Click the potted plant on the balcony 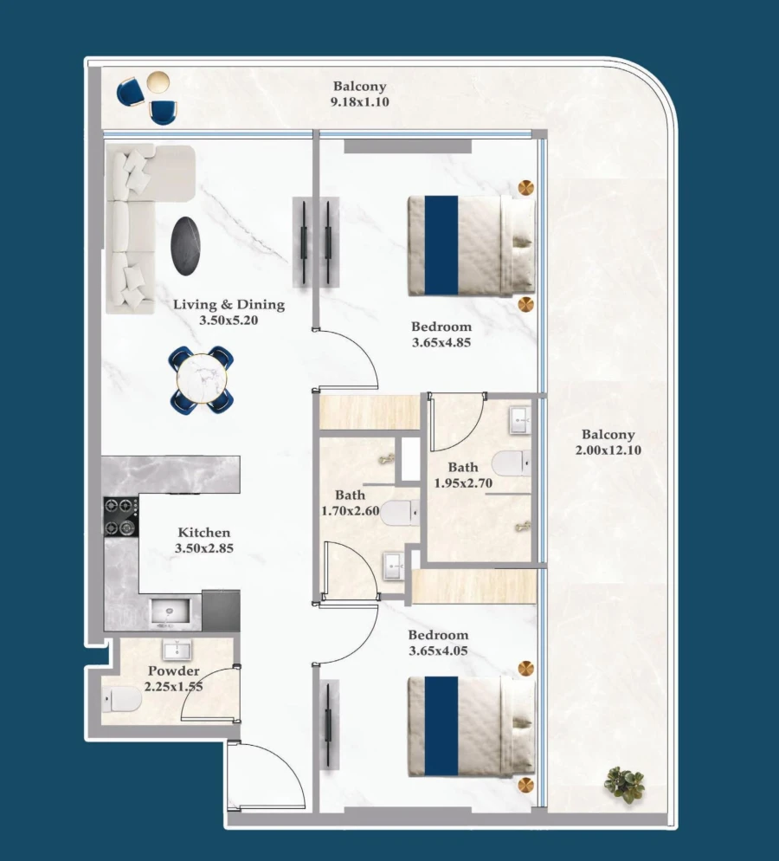[624, 784]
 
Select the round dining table [202, 378]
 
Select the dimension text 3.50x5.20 [229, 320]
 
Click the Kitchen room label [204, 533]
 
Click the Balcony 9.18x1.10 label [359, 94]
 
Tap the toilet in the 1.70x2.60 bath [399, 513]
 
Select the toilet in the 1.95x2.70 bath [510, 463]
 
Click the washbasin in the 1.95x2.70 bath [520, 421]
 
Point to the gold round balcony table [158, 82]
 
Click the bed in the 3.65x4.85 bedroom [472, 245]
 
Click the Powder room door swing [210, 695]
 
